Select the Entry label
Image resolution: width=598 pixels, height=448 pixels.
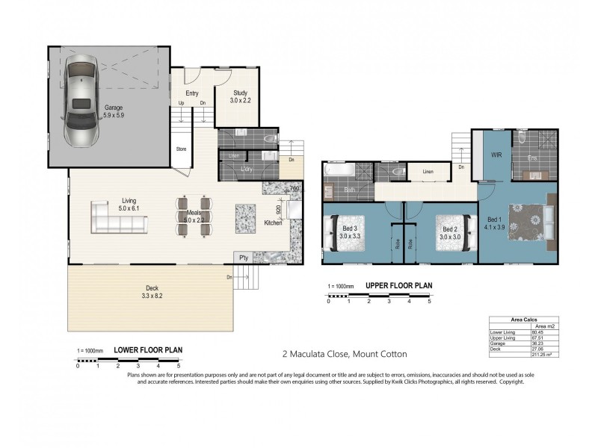pos(191,93)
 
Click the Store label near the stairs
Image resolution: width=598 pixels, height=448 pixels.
pos(181,149)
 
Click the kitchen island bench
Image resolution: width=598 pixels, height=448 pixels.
pos(245,219)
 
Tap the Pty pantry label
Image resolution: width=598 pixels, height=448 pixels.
pos(243,258)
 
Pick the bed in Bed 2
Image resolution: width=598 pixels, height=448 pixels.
pos(454,234)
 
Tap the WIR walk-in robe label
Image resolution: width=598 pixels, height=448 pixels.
pos(495,155)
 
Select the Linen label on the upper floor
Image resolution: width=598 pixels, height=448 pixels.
pos(428,172)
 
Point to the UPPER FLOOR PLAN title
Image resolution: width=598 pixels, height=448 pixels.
pos(398,286)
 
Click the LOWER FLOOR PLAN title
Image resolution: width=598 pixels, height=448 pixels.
pos(147,349)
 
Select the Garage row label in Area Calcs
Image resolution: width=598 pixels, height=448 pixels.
pos(499,341)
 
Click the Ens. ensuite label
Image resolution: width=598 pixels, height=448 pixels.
pos(531,158)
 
